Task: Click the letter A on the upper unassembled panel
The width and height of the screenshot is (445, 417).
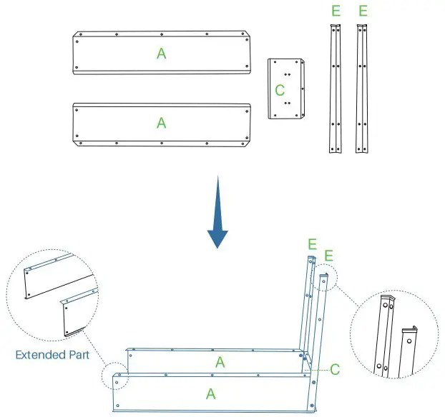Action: click(x=162, y=53)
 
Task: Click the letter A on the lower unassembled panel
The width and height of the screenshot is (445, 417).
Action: click(x=162, y=123)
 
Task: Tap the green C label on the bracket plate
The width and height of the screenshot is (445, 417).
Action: click(x=280, y=90)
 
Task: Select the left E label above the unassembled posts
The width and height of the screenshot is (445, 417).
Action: click(x=336, y=11)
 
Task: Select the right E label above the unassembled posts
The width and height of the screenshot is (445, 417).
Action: click(x=363, y=11)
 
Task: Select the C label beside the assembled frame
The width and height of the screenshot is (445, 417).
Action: click(x=334, y=370)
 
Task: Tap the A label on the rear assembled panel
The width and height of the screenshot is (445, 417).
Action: click(x=220, y=362)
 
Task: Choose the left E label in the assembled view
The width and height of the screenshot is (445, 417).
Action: click(x=312, y=244)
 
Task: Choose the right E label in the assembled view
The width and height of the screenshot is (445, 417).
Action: click(x=328, y=256)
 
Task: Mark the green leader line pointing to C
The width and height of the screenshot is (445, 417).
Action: click(x=319, y=368)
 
